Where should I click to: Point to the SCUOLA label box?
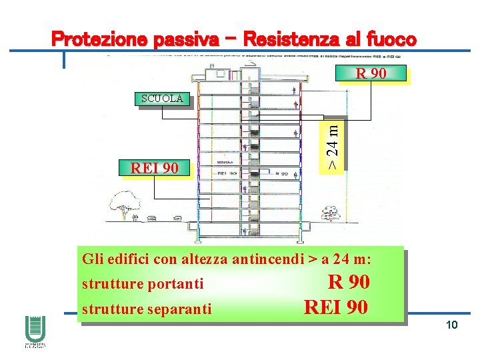(161, 99)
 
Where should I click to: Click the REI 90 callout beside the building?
(154, 168)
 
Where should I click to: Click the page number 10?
(451, 324)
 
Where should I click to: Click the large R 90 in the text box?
(349, 282)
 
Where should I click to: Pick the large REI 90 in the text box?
(335, 307)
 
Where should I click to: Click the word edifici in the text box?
(122, 259)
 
